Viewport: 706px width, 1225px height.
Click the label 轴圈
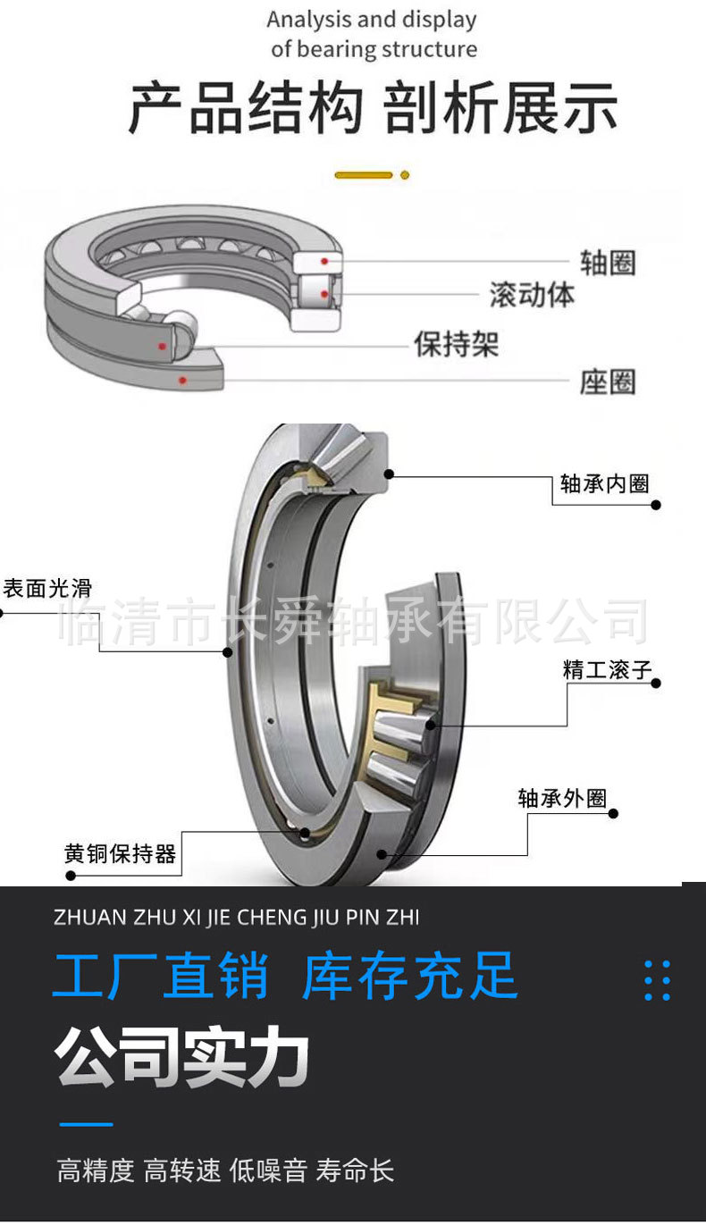click(607, 263)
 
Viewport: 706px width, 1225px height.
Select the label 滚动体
click(532, 295)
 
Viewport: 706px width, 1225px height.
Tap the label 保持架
click(456, 344)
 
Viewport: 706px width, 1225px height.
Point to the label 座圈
click(607, 382)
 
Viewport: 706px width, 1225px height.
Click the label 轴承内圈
click(604, 484)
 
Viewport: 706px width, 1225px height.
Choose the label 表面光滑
click(47, 588)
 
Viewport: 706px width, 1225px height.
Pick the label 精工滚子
click(608, 670)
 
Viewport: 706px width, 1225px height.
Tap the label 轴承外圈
click(562, 798)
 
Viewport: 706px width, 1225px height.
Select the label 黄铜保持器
click(120, 853)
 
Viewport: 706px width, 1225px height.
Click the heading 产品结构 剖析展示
click(373, 109)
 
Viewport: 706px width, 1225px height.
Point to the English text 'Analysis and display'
click(372, 20)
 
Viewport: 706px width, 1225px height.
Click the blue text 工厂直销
click(161, 976)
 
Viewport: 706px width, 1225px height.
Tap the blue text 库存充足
click(410, 976)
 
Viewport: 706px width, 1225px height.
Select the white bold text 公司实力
click(182, 1059)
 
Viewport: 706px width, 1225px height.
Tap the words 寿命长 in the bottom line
click(355, 1170)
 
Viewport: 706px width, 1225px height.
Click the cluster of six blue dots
click(657, 980)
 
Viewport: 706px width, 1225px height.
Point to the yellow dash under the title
click(365, 175)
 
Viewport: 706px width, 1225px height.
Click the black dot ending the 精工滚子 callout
click(656, 684)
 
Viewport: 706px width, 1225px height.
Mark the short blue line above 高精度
click(86, 1124)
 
